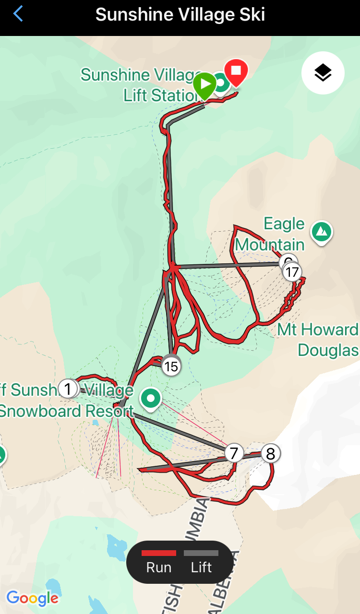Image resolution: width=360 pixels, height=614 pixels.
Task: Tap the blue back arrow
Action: pos(18,14)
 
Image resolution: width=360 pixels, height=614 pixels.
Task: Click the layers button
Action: pos(323,73)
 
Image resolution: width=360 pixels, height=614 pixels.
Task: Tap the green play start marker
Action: pos(205,84)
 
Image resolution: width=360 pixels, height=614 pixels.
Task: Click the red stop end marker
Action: pos(236,71)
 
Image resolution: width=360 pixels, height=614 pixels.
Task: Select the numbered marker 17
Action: pos(292,272)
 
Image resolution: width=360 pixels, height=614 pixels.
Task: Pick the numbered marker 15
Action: pos(171,367)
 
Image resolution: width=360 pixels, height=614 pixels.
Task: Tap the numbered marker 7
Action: pos(234,453)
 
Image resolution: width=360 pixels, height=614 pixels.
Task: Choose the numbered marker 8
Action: pos(271,453)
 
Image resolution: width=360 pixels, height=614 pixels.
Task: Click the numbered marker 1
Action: pos(68,389)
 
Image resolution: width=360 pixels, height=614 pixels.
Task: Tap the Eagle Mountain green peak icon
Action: pos(322,232)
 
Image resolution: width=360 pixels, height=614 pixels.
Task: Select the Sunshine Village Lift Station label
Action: pos(142,85)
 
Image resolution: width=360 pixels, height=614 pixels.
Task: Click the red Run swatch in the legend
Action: pos(159,553)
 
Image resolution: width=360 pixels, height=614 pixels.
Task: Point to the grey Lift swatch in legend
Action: pos(201,553)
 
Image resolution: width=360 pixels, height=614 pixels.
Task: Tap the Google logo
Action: pos(32,598)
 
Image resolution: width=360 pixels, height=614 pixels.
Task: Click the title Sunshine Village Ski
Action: pos(180,14)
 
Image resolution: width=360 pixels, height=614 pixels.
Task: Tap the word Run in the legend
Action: pos(159,567)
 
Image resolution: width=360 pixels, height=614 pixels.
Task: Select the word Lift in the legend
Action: pos(201,567)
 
